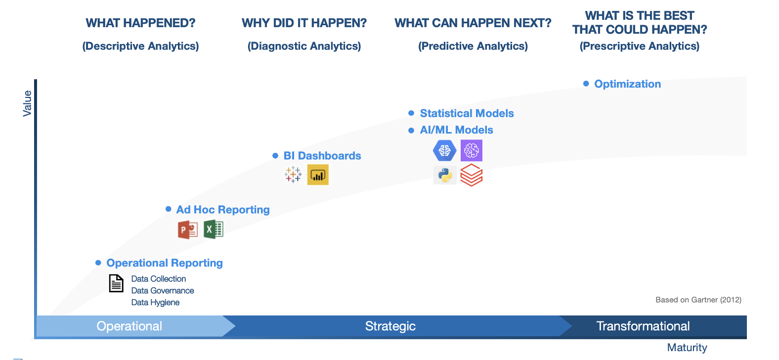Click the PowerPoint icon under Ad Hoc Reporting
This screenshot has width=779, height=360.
click(188, 229)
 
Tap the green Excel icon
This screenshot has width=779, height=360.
click(213, 229)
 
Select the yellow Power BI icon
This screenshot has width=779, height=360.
click(318, 175)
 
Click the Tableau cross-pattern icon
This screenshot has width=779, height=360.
click(293, 174)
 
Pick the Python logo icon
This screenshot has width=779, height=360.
click(445, 175)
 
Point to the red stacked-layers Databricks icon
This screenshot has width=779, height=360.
click(471, 175)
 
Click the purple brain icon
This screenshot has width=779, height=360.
click(471, 151)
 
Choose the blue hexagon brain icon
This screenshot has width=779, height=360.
click(444, 151)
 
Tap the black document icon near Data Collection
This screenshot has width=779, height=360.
click(116, 283)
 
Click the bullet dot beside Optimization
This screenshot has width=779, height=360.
click(586, 84)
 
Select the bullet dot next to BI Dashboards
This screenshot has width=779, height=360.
click(275, 155)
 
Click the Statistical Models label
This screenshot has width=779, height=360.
click(467, 113)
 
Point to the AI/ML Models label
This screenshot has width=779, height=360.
click(456, 130)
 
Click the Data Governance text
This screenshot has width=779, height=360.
click(163, 290)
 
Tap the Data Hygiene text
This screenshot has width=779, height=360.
click(155, 302)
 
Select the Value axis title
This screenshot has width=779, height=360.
click(27, 103)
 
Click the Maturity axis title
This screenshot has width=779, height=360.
click(687, 348)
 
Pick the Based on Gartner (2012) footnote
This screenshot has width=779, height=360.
click(698, 300)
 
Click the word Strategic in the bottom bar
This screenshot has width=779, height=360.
click(390, 326)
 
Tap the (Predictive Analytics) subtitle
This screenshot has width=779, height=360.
click(473, 46)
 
